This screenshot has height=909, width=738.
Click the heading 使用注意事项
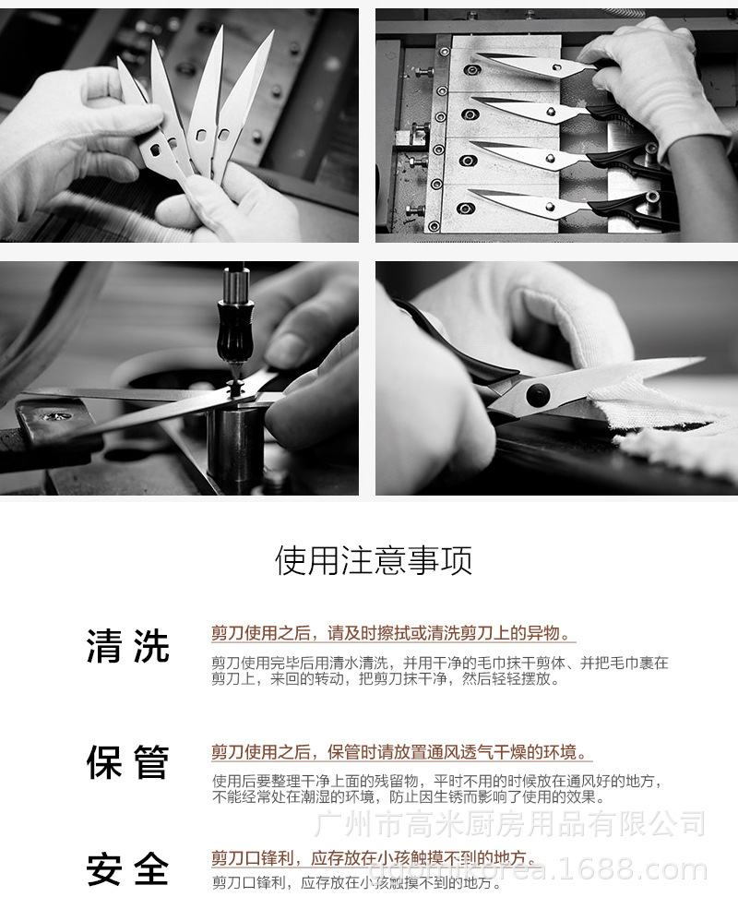[374, 560]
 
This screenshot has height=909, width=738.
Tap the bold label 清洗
[128, 646]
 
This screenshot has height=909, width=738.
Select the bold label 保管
[128, 763]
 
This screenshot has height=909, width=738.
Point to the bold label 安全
[128, 869]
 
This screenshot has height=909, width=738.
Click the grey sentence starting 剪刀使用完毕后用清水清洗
[439, 663]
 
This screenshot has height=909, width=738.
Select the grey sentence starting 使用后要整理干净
[436, 781]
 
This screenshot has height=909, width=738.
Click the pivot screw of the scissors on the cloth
[534, 396]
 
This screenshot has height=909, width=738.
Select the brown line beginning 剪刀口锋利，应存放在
[373, 858]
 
